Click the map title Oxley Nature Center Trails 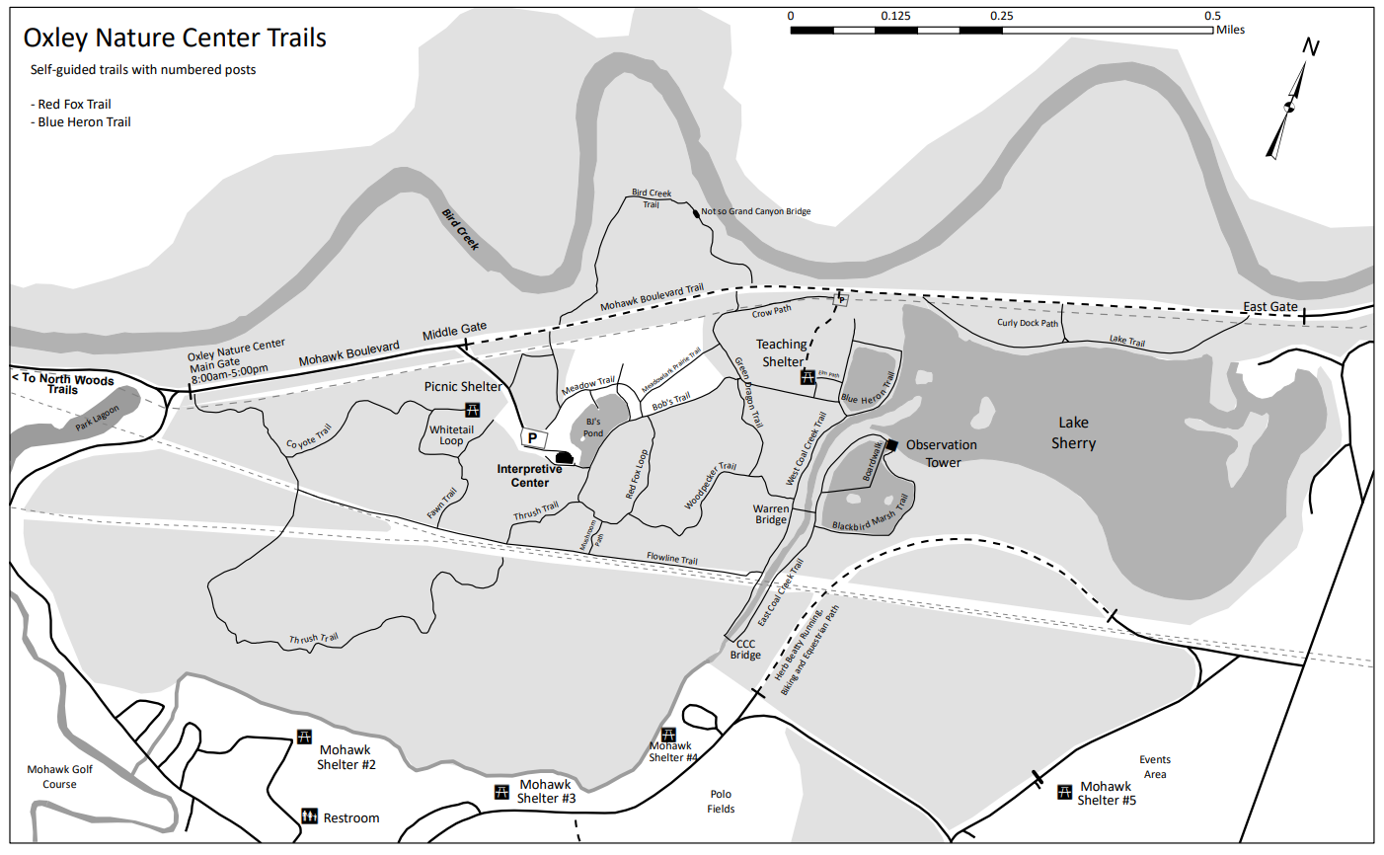tap(175, 39)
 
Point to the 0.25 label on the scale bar tap(1001, 16)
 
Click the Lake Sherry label tap(1073, 433)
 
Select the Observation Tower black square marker tap(891, 445)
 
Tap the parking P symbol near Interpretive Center tap(533, 437)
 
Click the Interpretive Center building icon tap(564, 456)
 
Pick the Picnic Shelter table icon tap(473, 410)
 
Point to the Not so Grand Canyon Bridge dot tap(696, 212)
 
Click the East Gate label tap(1269, 307)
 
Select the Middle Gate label tap(454, 332)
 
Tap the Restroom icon tap(309, 816)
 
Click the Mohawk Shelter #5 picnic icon tap(1064, 792)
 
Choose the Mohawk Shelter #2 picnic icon tap(304, 738)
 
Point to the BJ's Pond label tap(593, 427)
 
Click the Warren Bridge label tap(771, 514)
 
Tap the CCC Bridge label tap(745, 649)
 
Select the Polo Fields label tap(721, 801)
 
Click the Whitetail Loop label tap(451, 435)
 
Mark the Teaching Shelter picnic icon tap(807, 376)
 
